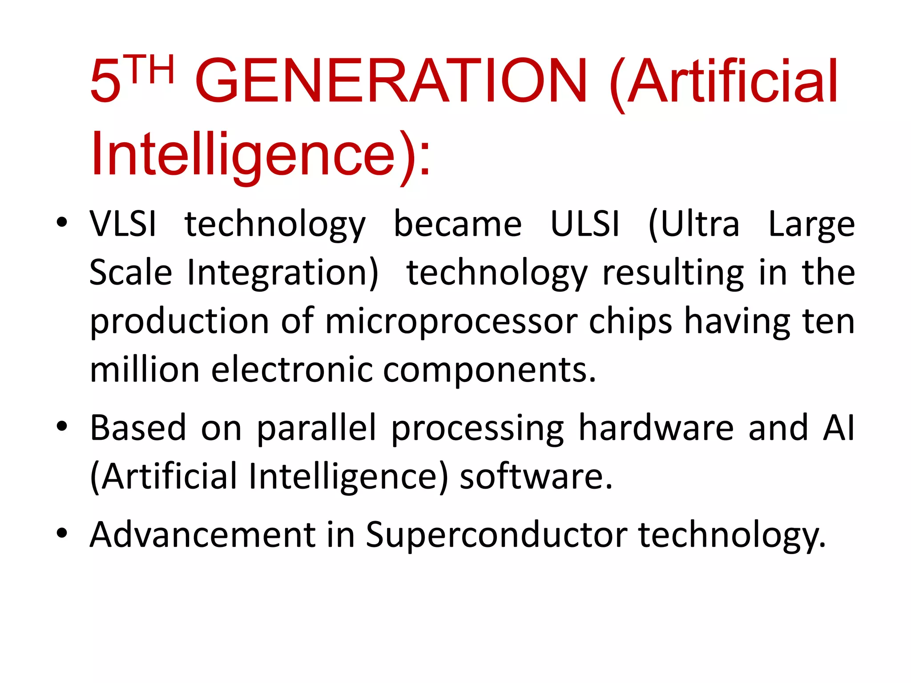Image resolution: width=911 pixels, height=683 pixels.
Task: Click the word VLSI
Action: pyautogui.click(x=123, y=224)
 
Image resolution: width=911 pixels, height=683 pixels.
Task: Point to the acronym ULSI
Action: pyautogui.click(x=584, y=224)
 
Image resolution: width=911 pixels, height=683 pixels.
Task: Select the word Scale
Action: pyautogui.click(x=130, y=272)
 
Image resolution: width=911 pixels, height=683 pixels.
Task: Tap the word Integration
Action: pyautogui.click(x=282, y=273)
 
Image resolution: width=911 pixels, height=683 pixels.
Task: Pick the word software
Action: pyautogui.click(x=536, y=476)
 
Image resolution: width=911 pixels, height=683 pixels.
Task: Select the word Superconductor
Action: pyautogui.click(x=496, y=535)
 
